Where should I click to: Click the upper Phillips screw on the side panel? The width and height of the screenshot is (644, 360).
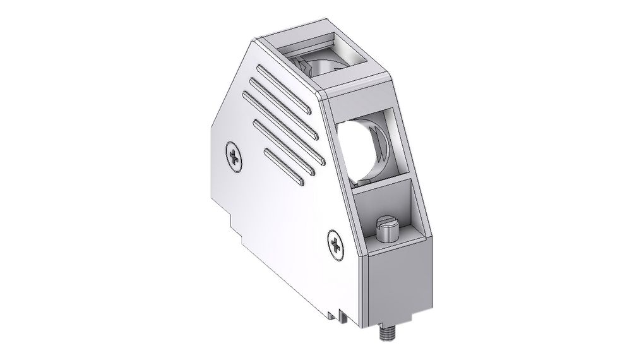[234, 157]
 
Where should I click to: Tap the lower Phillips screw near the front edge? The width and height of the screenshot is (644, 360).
[335, 244]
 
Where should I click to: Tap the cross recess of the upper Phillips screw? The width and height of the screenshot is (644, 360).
[234, 157]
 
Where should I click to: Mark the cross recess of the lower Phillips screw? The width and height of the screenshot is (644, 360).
[335, 244]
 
